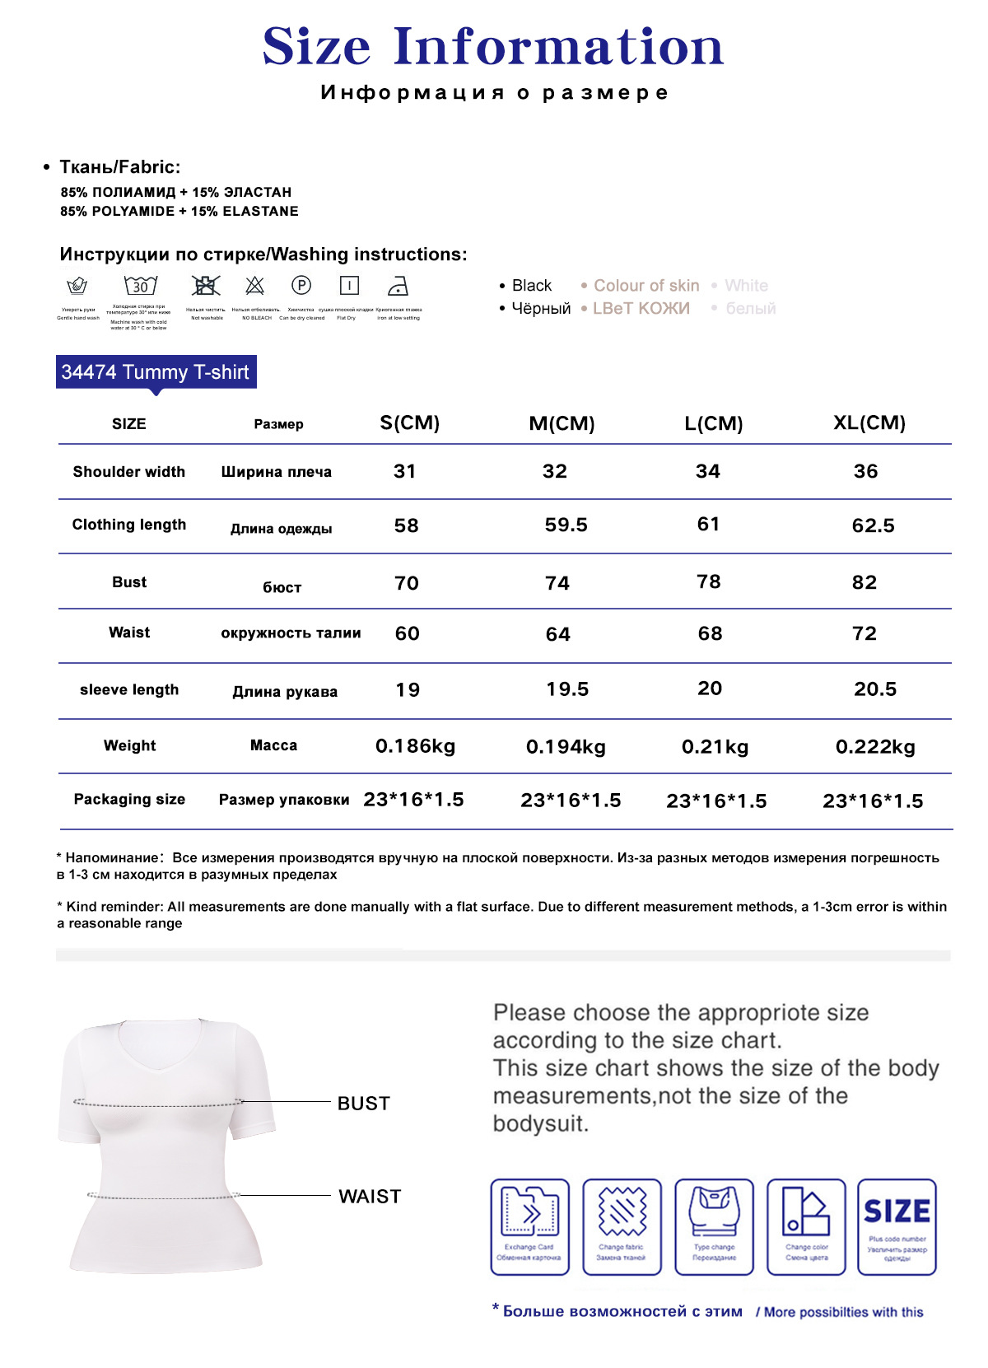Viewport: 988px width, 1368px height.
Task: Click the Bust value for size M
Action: tap(557, 583)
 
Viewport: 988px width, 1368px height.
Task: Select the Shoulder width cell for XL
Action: tap(865, 471)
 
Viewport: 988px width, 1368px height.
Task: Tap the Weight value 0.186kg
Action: tap(415, 746)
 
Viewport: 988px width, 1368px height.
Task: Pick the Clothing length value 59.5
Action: tap(566, 525)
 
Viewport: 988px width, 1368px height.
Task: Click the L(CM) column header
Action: tap(713, 423)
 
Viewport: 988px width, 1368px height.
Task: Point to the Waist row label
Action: tap(129, 633)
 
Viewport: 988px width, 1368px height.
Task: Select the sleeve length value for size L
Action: tap(709, 689)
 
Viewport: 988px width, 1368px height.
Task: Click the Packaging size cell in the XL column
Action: tap(873, 801)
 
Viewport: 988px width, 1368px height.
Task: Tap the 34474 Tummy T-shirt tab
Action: tap(156, 372)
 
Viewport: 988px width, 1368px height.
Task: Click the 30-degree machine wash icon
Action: tap(140, 286)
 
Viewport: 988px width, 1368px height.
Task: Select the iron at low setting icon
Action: tap(398, 286)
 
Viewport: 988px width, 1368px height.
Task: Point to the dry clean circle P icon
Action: tap(301, 286)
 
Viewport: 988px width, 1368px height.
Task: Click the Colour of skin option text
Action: tap(646, 286)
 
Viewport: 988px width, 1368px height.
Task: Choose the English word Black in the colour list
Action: tap(532, 286)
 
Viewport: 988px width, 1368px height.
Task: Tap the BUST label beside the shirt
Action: tap(363, 1104)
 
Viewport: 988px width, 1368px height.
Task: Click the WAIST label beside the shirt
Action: tap(370, 1197)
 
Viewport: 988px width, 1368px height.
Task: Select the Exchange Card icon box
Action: tap(529, 1226)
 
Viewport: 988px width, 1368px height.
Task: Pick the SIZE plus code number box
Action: tap(897, 1226)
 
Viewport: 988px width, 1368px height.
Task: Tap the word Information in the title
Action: tap(558, 47)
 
